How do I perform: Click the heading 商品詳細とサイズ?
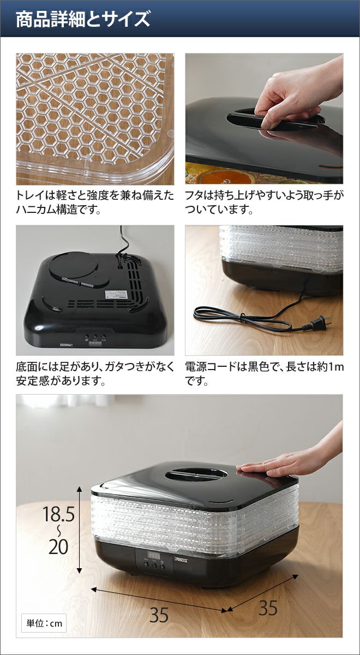[x=83, y=19]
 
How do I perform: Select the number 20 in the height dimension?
[x=58, y=538]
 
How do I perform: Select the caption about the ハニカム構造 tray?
[x=95, y=203]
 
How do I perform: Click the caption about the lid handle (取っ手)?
[x=264, y=203]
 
